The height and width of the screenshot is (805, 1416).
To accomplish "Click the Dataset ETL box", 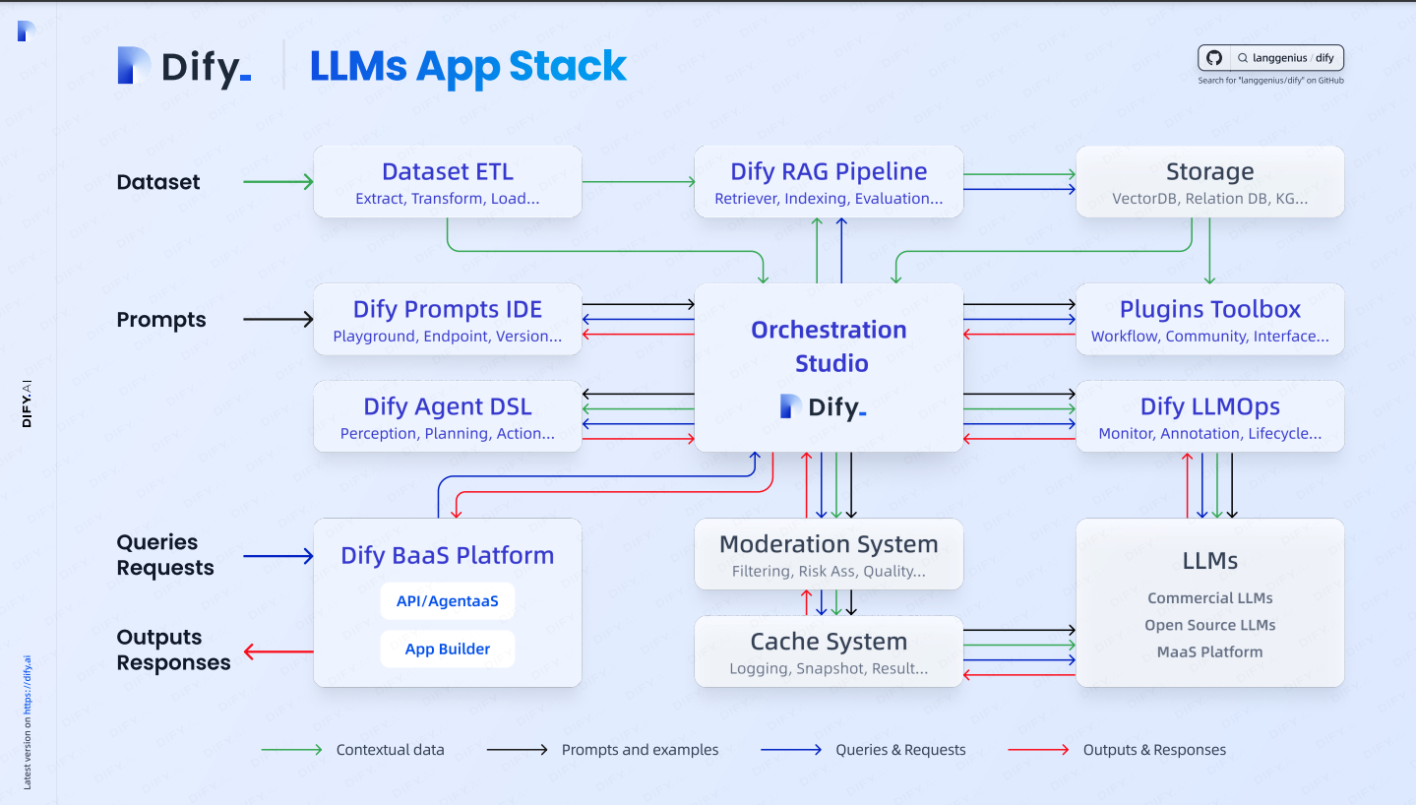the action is click(448, 182).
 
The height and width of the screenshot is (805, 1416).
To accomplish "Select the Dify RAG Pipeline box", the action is click(829, 182).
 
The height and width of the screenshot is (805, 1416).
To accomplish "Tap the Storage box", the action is click(1210, 182).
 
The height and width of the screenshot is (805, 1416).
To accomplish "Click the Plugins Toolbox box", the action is click(1210, 320).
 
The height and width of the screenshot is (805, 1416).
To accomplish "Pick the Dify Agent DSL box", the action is click(448, 416).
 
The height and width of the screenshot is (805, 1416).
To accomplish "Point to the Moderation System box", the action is click(829, 555).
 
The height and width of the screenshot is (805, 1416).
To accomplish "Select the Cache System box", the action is click(829, 651).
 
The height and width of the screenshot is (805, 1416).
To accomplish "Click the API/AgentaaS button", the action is click(448, 600).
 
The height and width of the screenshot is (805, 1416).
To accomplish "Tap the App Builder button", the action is click(448, 649).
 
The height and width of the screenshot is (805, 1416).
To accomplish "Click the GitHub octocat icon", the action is click(1213, 58).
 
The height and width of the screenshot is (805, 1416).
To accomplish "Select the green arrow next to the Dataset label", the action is click(278, 182).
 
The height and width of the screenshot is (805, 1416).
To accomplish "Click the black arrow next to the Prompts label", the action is click(278, 320).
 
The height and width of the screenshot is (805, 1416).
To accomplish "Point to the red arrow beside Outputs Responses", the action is click(278, 651).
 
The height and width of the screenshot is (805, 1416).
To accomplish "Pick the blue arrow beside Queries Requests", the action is click(278, 556).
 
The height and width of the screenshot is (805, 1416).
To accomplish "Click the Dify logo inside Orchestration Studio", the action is click(823, 406).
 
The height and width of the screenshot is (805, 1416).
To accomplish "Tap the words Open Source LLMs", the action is click(1210, 625).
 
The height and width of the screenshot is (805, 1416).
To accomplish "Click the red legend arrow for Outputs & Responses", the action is click(1038, 750).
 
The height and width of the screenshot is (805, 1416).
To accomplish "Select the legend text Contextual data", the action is click(390, 750).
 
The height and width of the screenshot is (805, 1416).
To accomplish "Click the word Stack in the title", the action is click(568, 66).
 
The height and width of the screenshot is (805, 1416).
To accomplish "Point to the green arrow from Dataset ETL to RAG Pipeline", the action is click(639, 182).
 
